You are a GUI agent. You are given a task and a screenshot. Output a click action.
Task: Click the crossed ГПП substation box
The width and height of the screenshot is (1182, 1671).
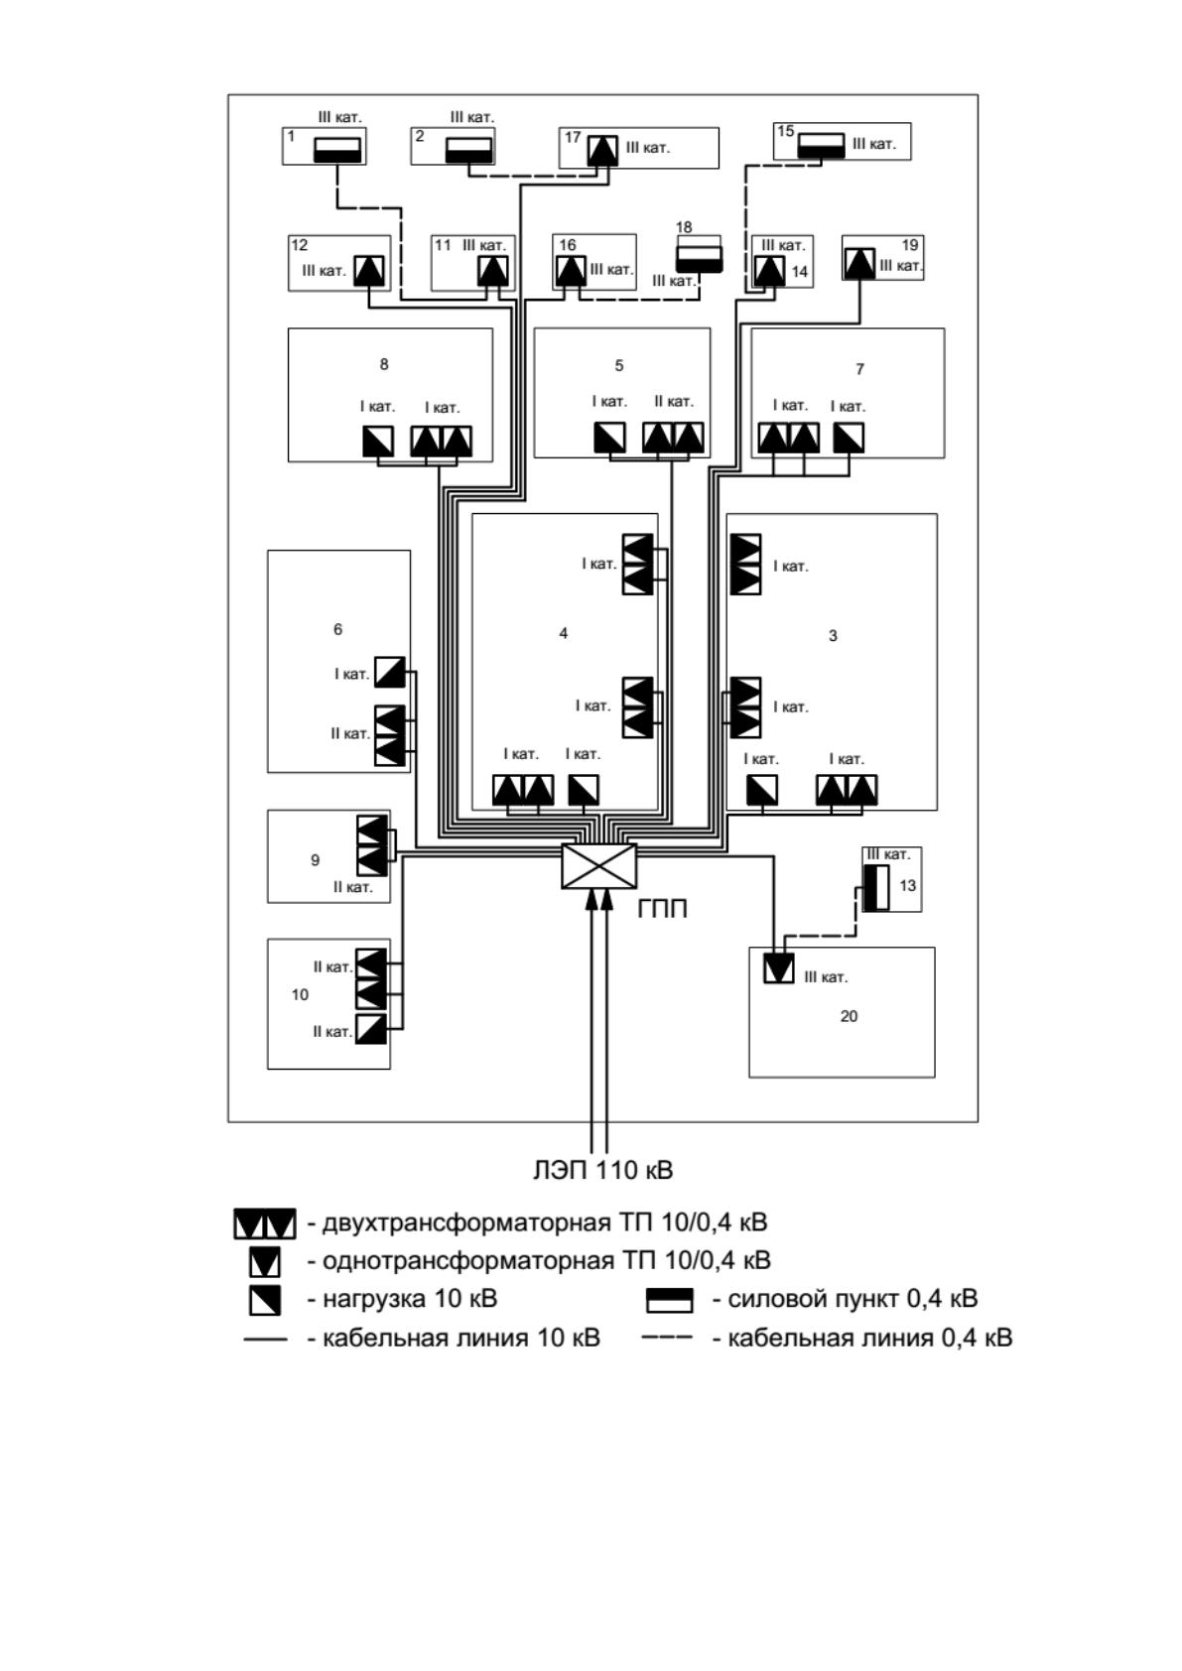tap(598, 866)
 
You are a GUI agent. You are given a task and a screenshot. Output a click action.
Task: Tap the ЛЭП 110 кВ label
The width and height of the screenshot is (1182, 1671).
tap(603, 1170)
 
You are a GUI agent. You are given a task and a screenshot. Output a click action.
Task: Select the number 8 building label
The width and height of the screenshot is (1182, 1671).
tap(384, 364)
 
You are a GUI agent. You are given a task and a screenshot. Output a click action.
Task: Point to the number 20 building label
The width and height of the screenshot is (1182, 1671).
tap(850, 1016)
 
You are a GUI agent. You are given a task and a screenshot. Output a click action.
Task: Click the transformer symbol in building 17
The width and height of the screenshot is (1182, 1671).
tap(602, 151)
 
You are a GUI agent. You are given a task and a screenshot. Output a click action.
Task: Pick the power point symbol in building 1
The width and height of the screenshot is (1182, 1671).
tap(337, 151)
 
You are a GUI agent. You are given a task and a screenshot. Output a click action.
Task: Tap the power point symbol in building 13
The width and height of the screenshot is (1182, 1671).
tap(876, 888)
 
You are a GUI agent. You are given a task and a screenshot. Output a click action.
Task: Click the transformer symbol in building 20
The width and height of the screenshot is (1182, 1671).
tap(778, 968)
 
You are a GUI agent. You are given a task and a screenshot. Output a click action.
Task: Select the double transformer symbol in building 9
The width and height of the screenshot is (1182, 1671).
tap(372, 845)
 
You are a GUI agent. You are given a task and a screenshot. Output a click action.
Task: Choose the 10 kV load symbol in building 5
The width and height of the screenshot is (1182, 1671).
tap(609, 438)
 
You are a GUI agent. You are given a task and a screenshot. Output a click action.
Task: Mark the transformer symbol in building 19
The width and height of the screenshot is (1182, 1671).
tap(859, 264)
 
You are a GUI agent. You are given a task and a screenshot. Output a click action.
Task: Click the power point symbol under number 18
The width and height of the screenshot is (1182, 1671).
tap(700, 259)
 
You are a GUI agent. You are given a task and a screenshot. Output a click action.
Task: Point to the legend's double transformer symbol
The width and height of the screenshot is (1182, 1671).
tap(265, 1224)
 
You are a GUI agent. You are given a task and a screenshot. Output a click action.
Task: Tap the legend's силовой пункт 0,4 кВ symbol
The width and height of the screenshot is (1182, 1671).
tap(669, 1300)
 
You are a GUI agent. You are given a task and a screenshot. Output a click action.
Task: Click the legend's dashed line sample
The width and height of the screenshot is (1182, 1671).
tap(666, 1337)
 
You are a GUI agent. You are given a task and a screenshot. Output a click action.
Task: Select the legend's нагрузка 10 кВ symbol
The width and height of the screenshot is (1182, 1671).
tap(265, 1300)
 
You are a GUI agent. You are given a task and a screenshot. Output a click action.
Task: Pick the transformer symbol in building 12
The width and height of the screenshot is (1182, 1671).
tap(368, 271)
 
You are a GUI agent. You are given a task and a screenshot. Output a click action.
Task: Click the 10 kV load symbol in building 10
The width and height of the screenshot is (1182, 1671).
tap(371, 1030)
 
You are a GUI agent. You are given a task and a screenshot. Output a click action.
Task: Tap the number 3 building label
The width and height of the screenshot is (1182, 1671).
tap(833, 636)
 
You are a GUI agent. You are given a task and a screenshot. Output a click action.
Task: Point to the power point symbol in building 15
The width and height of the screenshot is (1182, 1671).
tap(822, 146)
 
